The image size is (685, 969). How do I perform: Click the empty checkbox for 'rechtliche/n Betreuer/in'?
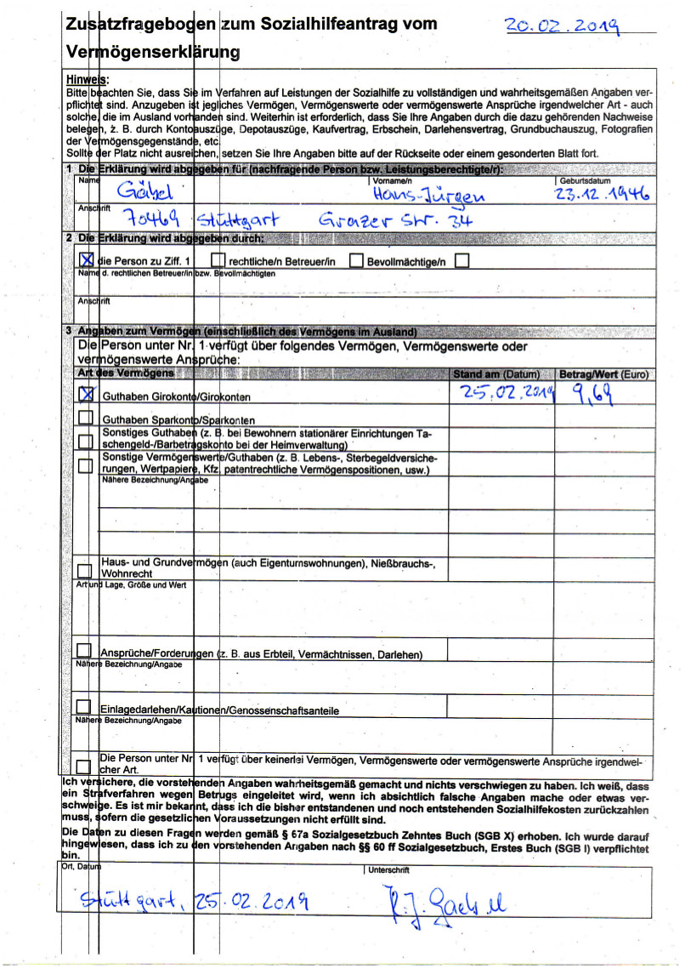[218, 260]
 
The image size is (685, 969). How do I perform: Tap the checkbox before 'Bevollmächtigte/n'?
[356, 260]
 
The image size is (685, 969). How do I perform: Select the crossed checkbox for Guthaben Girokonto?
[87, 394]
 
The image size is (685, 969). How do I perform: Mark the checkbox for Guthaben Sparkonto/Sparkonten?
[86, 418]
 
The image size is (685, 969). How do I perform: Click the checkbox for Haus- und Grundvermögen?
[86, 568]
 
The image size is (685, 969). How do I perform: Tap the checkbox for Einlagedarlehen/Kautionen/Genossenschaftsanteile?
[84, 707]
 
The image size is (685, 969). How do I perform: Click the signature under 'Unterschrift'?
[441, 900]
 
